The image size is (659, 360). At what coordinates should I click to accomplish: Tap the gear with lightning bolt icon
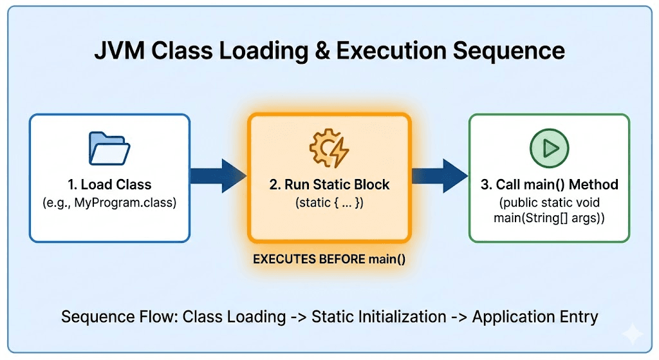tap(329, 149)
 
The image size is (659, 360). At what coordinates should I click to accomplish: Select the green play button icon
tap(548, 148)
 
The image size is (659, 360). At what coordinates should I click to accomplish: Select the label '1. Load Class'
tap(109, 185)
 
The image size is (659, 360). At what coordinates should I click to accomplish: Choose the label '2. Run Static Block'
tap(329, 185)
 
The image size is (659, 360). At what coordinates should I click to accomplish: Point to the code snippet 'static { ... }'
tap(329, 203)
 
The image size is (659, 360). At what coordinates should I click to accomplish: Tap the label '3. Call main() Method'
tap(548, 185)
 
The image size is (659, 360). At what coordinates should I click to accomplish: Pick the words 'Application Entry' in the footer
tap(535, 317)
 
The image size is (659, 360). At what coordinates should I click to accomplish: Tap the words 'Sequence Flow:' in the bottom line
tap(120, 317)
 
